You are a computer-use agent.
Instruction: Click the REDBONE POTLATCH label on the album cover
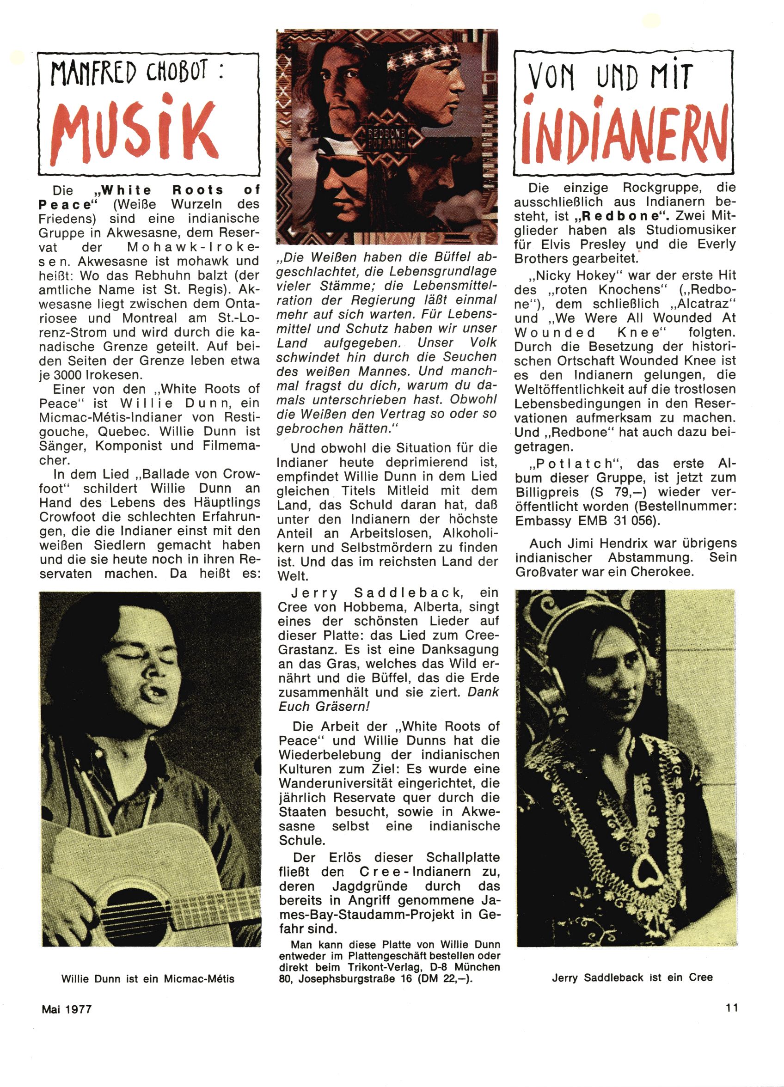pyautogui.click(x=387, y=139)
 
